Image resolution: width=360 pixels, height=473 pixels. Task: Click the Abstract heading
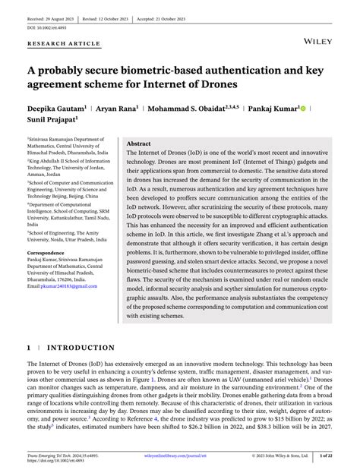click(139, 143)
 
